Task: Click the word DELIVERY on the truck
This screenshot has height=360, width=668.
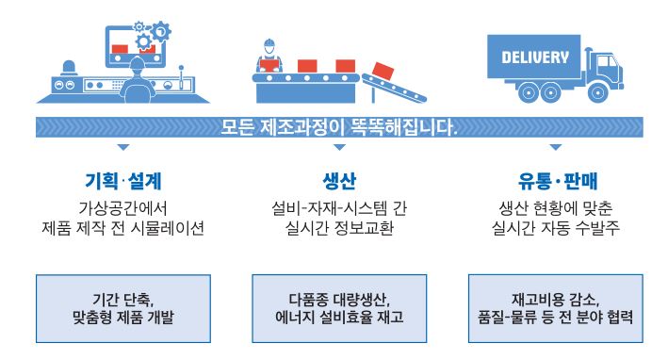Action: [x=535, y=57]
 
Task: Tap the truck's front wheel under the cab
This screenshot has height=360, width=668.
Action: [x=597, y=92]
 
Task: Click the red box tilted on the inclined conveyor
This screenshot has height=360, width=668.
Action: [x=383, y=71]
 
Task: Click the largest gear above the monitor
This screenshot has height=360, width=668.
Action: [x=161, y=31]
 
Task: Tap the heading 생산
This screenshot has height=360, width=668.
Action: [x=339, y=181]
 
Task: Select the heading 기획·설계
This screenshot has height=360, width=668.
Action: [x=123, y=181]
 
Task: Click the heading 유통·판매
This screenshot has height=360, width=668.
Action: [x=557, y=181]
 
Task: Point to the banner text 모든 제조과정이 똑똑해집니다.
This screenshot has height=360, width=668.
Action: [x=338, y=127]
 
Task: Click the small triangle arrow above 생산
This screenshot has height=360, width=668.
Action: [x=339, y=147]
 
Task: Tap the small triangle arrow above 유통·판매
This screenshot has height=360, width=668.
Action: [x=556, y=147]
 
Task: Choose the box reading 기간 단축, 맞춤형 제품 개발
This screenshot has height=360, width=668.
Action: [x=123, y=308]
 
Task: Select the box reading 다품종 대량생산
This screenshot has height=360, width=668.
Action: [x=339, y=308]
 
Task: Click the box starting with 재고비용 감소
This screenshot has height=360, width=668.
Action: [x=556, y=308]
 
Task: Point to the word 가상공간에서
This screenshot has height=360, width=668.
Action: [x=122, y=208]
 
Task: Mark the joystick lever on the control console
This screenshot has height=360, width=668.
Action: [x=181, y=75]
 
